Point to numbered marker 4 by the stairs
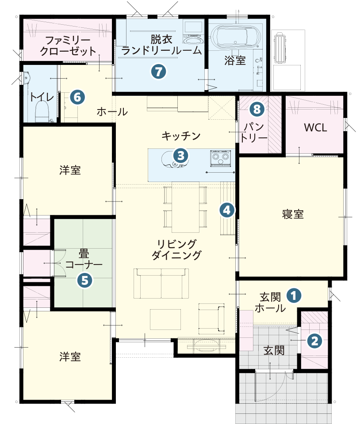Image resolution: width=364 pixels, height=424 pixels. (x=226, y=210)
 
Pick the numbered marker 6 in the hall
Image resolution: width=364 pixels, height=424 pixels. (x=77, y=97)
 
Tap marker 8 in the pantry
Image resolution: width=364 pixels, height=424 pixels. (x=257, y=108)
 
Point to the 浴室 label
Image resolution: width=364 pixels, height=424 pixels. (x=235, y=61)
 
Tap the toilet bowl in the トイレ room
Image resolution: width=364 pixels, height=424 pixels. (x=42, y=110)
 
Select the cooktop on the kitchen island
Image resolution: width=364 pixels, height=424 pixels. (x=220, y=158)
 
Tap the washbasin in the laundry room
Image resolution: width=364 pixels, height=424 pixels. (x=193, y=40)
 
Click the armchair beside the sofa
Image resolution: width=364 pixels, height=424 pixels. (x=211, y=318)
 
